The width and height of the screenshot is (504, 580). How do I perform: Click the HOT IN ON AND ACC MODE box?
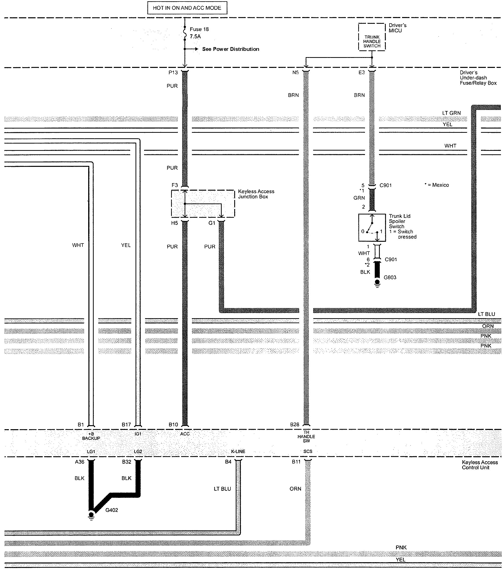tap(187, 8)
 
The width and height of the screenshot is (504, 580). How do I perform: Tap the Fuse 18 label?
tap(199, 29)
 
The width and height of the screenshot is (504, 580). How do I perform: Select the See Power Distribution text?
tap(231, 49)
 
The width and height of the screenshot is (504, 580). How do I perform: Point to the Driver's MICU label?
tap(397, 28)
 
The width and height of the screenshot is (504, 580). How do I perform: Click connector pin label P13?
tap(173, 73)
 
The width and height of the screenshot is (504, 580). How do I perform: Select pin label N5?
tap(295, 73)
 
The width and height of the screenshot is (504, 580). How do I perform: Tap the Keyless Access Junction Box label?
tap(256, 194)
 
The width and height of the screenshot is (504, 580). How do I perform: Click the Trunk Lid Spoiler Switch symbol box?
tap(372, 227)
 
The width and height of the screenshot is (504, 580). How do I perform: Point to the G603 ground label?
tap(390, 277)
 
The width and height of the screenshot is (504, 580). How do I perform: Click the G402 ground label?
tap(112, 510)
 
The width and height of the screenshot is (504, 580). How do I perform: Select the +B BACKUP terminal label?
tap(91, 436)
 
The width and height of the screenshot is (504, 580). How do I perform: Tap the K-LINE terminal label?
tap(238, 451)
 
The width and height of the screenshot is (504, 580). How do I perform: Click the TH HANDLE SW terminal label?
tap(306, 436)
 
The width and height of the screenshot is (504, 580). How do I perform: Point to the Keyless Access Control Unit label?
tap(479, 465)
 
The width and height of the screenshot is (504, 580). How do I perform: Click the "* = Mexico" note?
tap(437, 185)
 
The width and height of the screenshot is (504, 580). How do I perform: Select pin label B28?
tap(295, 424)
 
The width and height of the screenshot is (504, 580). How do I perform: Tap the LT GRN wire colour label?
tap(451, 113)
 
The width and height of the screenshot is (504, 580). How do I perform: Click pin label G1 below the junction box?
tap(211, 223)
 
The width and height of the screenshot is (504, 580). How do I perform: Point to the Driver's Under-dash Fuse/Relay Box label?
tap(478, 78)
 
